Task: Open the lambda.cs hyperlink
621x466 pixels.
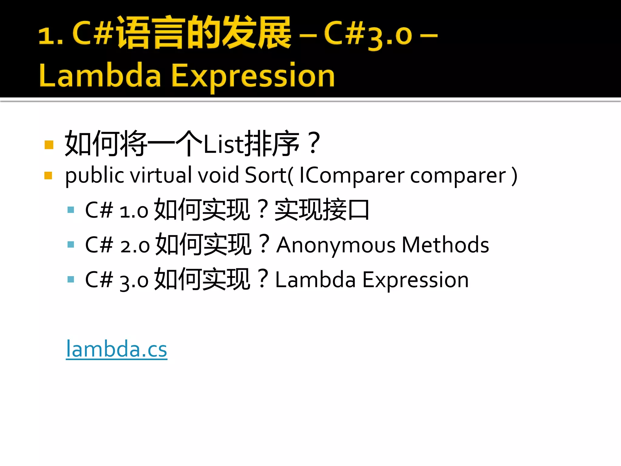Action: coord(116,349)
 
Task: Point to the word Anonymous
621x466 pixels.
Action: coord(336,245)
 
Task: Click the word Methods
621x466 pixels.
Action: coord(445,245)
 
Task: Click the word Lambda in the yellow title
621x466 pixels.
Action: coord(100,76)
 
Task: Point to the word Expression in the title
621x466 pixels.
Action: coord(253,76)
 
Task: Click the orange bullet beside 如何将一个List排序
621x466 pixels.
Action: coord(49,145)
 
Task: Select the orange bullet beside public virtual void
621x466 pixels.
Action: coord(48,175)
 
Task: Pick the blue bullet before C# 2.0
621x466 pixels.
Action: coord(71,245)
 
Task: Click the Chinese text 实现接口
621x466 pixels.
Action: coord(322,210)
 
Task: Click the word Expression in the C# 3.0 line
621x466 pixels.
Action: coord(415,280)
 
